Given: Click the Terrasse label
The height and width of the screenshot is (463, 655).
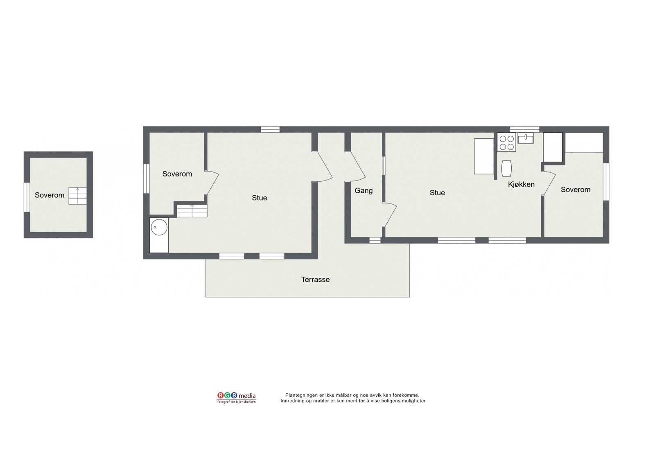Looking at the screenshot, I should point(315,280).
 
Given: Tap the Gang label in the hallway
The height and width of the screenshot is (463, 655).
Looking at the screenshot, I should point(364,190).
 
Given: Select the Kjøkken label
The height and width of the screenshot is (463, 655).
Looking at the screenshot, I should point(521,184).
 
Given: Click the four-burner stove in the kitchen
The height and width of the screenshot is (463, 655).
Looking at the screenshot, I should point(506,142).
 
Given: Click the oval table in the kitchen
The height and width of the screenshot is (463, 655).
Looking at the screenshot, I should point(507,168).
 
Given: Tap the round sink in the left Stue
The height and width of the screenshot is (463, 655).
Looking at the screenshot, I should point(159,227).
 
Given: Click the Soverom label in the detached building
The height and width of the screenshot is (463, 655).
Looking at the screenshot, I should point(50,195).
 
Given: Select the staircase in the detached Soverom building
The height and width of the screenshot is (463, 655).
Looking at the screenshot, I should point(78,196).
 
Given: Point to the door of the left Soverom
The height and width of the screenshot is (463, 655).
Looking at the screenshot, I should point(212,182).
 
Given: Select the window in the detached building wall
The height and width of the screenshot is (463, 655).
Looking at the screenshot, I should point(27,197).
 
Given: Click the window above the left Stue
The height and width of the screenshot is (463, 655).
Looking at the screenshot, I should point(270,129).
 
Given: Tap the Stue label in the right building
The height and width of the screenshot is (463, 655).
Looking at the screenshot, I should point(437,193).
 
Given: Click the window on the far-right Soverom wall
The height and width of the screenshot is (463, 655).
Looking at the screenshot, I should point(606,181).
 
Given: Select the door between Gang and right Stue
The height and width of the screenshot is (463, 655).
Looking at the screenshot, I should point(389,214).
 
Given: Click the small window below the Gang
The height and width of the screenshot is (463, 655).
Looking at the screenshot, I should point(375,240).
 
